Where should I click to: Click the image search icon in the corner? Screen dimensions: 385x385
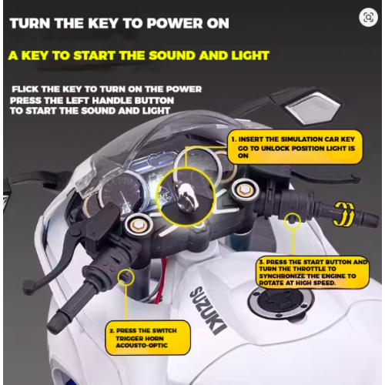[x=369, y=16]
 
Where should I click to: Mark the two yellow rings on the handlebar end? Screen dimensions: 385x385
[x=345, y=209]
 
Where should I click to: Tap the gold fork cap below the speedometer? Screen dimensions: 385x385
[x=139, y=224]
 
